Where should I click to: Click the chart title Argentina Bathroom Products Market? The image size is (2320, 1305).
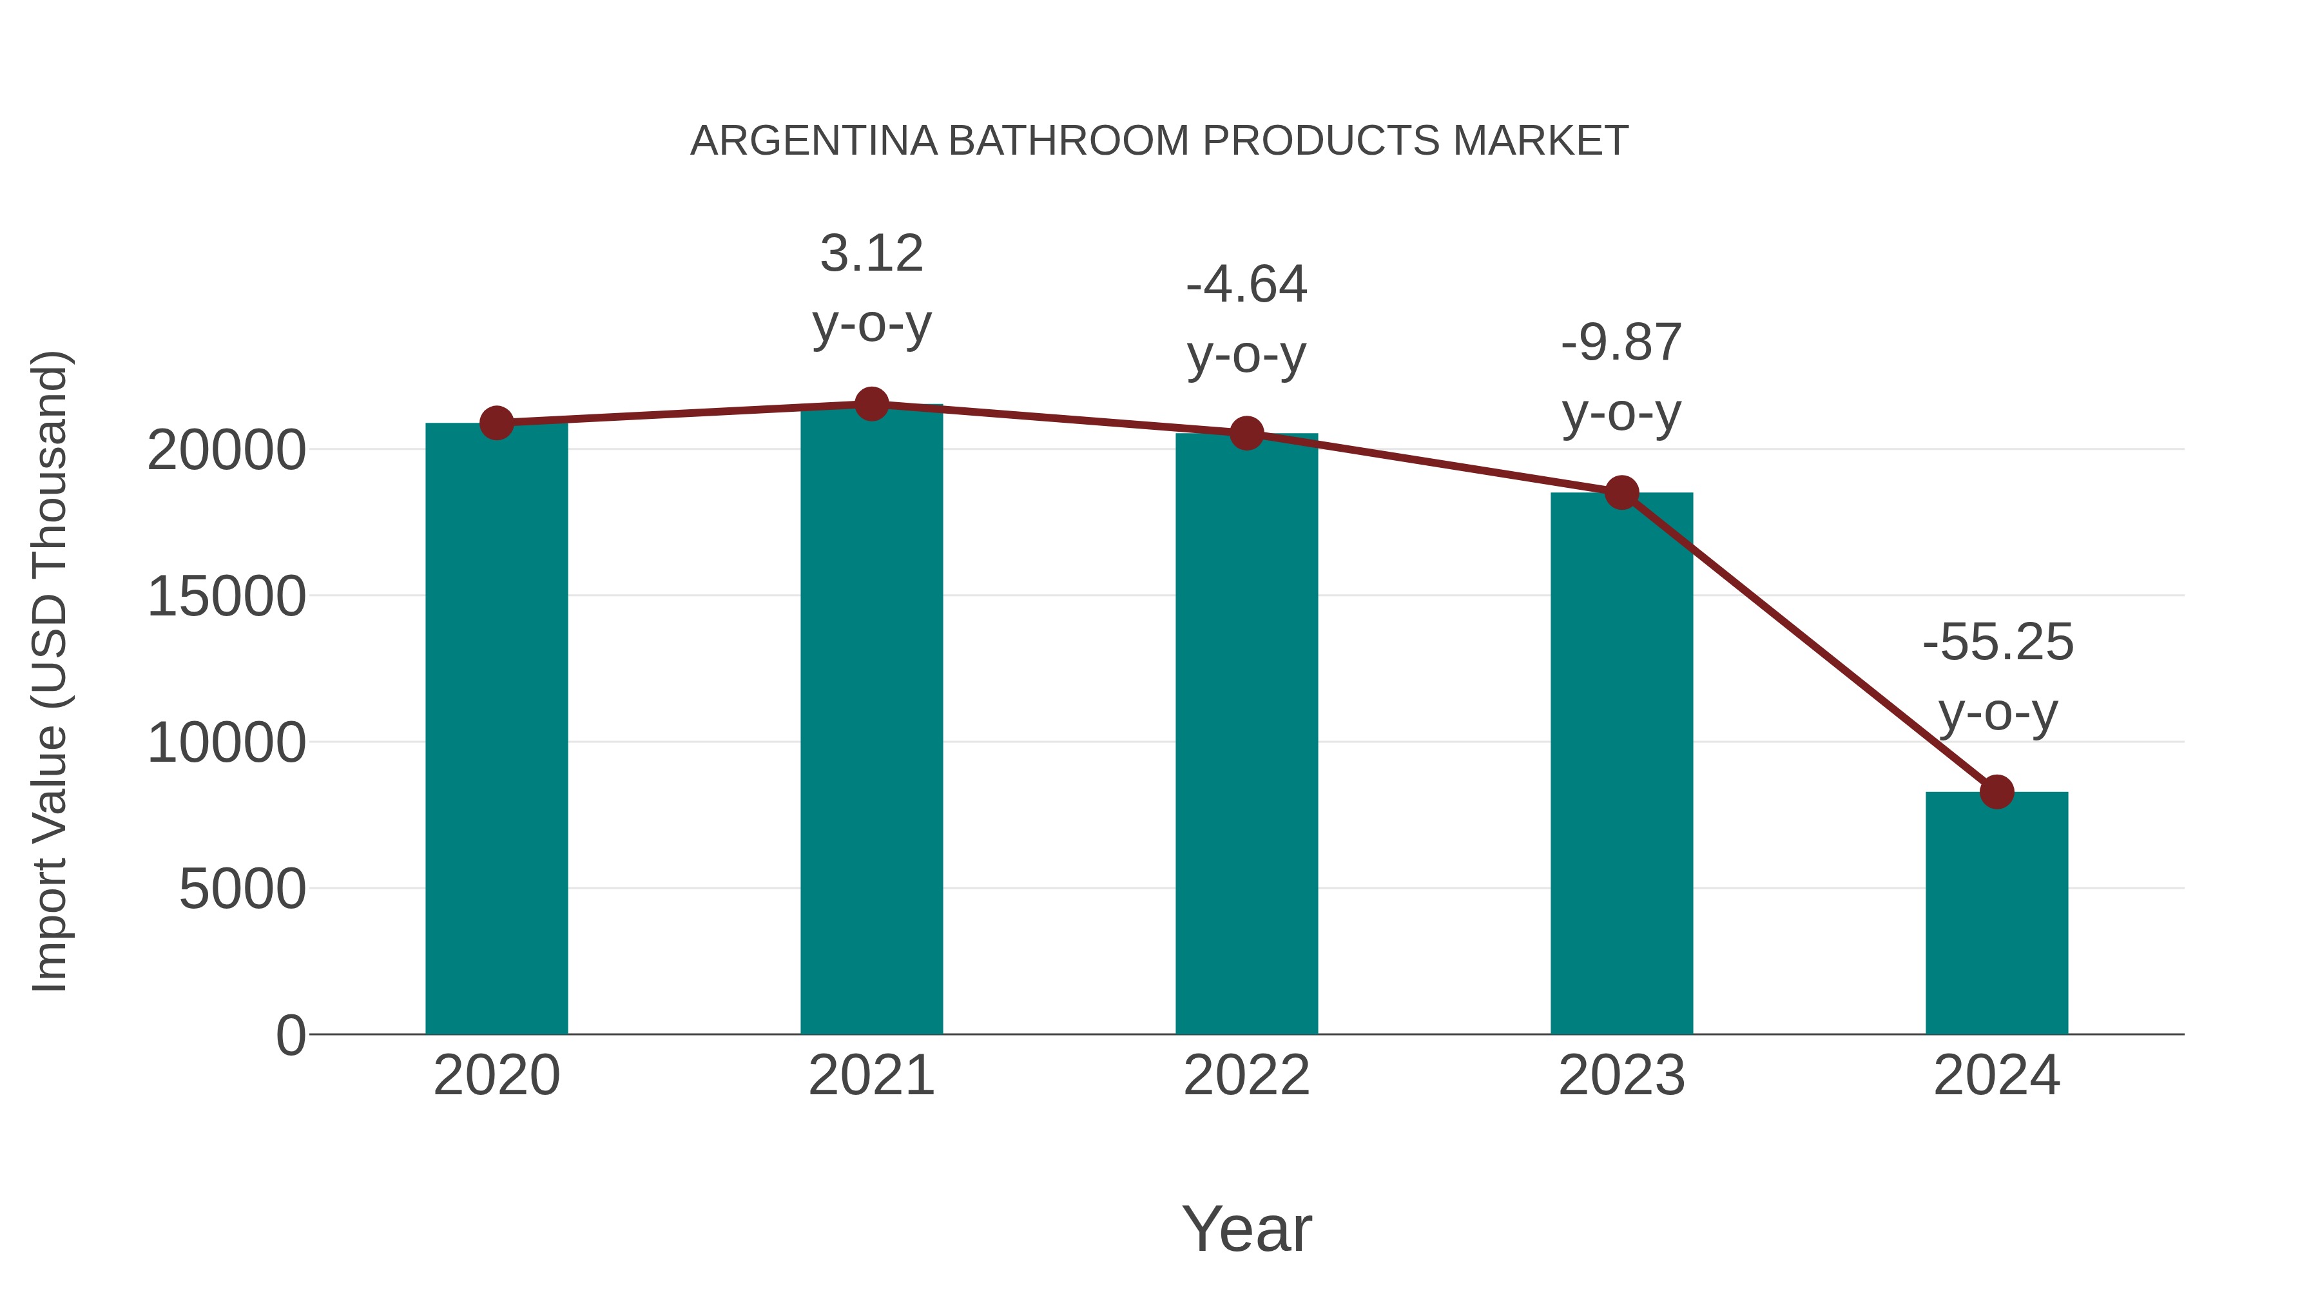click(1159, 141)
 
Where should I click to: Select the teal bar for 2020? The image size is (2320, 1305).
click(496, 730)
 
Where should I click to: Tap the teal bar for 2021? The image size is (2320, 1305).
click(871, 720)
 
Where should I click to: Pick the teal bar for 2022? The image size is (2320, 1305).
click(1246, 734)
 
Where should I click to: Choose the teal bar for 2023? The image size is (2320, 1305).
click(1621, 766)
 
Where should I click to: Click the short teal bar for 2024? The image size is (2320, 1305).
click(1996, 914)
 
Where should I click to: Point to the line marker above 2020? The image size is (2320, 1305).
click(496, 422)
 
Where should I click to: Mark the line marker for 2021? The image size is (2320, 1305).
click(871, 404)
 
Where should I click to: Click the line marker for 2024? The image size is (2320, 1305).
click(1996, 791)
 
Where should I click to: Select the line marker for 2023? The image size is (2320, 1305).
click(1621, 492)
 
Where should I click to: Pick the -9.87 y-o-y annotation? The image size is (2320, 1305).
click(1621, 378)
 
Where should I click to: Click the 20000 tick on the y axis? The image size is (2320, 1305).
click(226, 450)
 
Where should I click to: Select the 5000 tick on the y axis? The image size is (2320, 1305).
click(242, 890)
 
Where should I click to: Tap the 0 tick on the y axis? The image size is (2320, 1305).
click(290, 1036)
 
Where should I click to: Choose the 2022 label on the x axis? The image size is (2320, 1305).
click(1246, 1076)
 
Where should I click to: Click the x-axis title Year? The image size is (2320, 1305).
click(1246, 1228)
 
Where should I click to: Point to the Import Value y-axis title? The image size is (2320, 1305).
click(50, 671)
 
